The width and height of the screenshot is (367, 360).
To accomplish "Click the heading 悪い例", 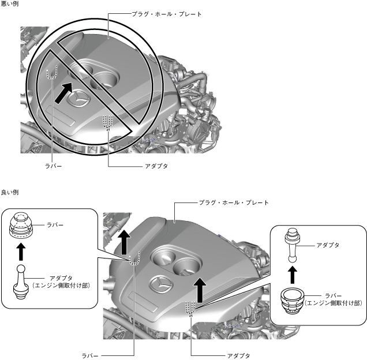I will coord(10,4).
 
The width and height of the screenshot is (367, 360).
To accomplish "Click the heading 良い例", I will coord(10,192).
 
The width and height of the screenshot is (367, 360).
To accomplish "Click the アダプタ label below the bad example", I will coord(155,165).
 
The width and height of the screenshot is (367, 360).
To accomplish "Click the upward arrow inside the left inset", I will coord(21,252).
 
